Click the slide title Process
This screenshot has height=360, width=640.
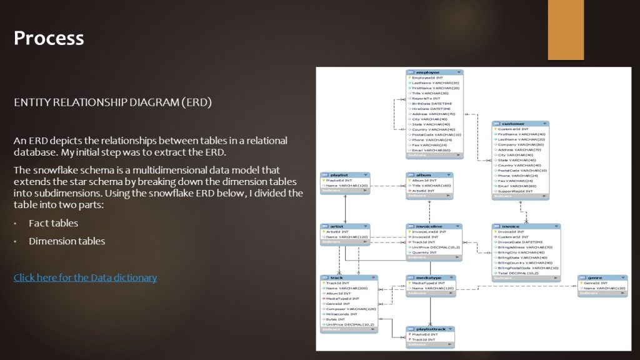[x=49, y=38]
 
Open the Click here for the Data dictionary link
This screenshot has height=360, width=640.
[x=85, y=277]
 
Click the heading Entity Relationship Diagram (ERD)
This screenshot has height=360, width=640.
[x=112, y=102]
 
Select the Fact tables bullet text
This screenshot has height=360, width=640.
[x=53, y=223]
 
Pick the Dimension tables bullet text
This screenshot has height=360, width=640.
[x=66, y=241]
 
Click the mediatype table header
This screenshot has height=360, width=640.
[x=430, y=277]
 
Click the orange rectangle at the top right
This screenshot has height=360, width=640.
[x=566, y=30]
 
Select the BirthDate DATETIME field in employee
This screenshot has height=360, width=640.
[x=432, y=103]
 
